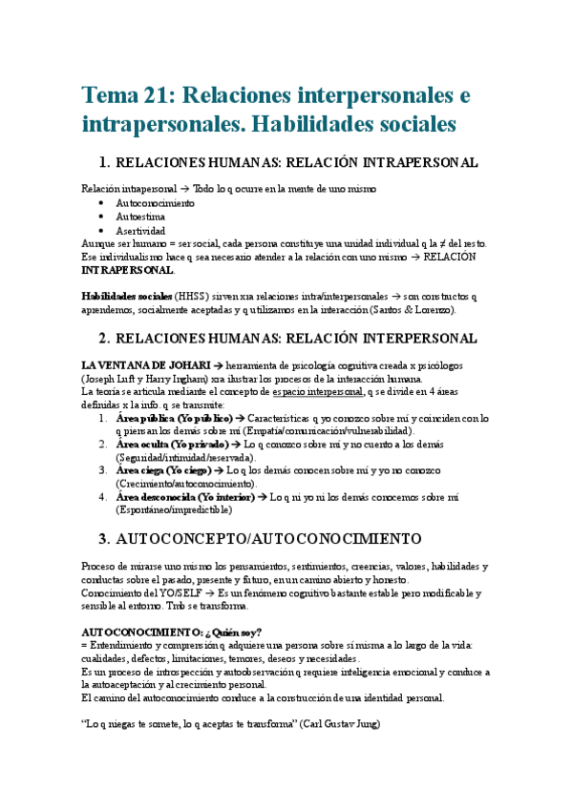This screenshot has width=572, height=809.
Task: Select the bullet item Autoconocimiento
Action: point(156,203)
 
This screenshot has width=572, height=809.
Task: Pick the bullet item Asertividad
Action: point(140,231)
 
